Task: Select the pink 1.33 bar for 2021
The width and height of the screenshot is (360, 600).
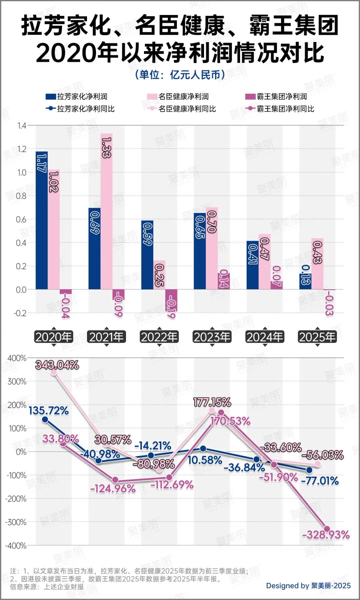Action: [x=106, y=211]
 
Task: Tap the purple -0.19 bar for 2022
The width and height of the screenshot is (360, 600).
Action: [x=171, y=300]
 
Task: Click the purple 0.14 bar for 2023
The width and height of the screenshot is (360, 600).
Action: [x=224, y=281]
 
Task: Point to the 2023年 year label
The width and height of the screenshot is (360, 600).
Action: [x=212, y=337]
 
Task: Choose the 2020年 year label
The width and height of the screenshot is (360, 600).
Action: [x=54, y=337]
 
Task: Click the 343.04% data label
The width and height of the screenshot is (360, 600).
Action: [x=57, y=365]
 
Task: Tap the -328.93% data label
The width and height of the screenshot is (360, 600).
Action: [x=326, y=535]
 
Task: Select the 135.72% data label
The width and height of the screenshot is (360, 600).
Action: [x=49, y=411]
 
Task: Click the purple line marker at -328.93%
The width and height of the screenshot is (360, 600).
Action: [x=327, y=529]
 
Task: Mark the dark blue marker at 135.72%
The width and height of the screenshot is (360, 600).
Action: [x=45, y=420]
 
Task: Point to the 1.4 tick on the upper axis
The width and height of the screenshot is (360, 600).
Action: [x=22, y=126]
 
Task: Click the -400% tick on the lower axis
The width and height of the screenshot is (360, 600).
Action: [x=16, y=546]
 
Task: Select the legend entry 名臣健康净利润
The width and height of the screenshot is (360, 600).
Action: [x=178, y=97]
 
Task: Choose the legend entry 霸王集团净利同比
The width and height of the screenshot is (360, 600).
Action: [x=280, y=109]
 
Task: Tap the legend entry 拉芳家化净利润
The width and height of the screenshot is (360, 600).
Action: [x=77, y=97]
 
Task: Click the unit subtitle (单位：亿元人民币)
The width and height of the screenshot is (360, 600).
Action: [x=180, y=75]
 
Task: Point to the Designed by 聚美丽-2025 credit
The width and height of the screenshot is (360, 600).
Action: [x=308, y=586]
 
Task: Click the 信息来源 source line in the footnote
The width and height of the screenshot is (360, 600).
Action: [x=47, y=587]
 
